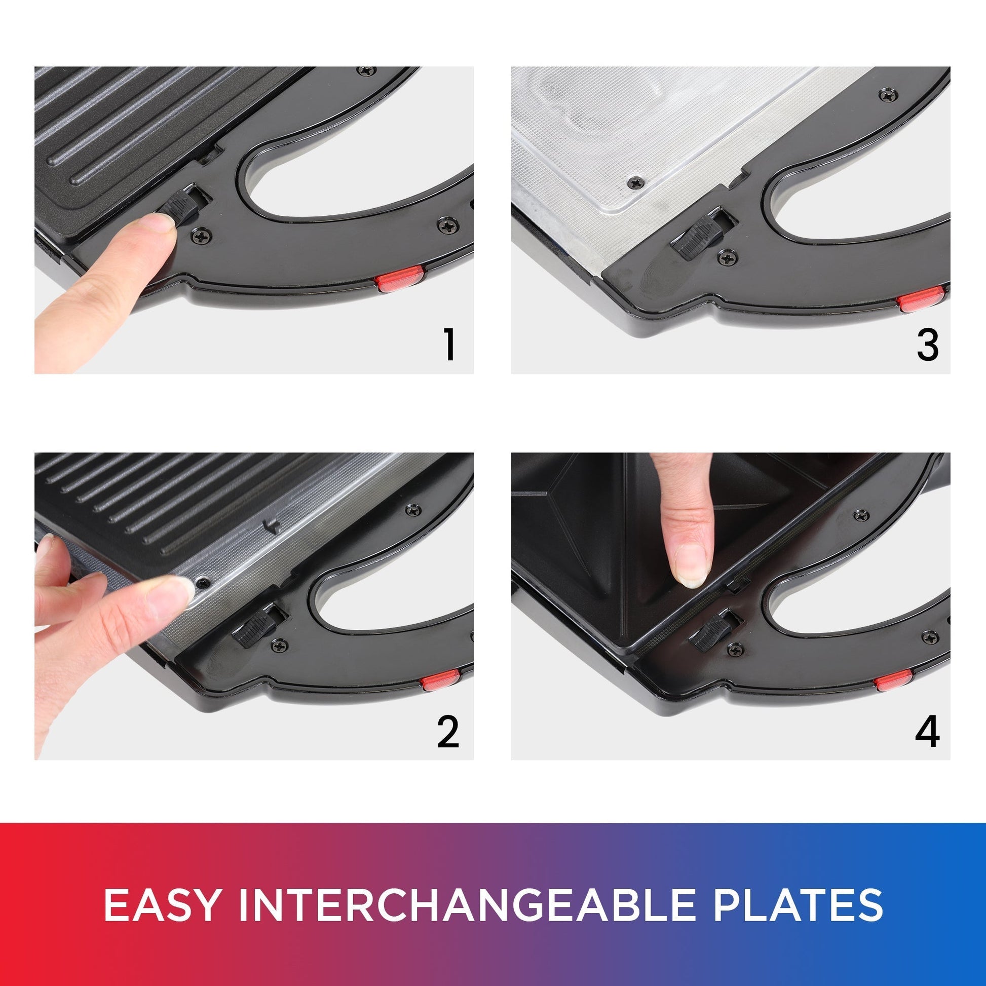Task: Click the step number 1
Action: (449, 345)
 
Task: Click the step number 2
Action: (448, 731)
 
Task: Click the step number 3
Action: (927, 345)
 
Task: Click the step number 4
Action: (927, 731)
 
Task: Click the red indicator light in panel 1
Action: (400, 279)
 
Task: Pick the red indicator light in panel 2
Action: (441, 680)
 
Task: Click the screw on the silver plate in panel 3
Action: (635, 182)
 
